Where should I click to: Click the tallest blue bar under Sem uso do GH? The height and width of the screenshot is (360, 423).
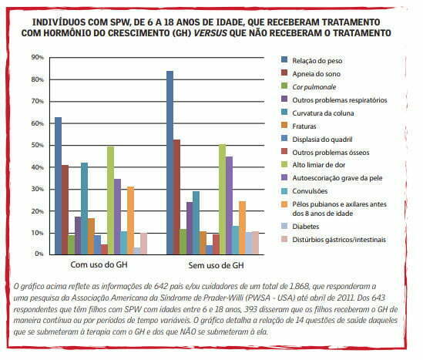[x=170, y=162]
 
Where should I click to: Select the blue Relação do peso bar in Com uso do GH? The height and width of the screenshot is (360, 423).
[x=58, y=185]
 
